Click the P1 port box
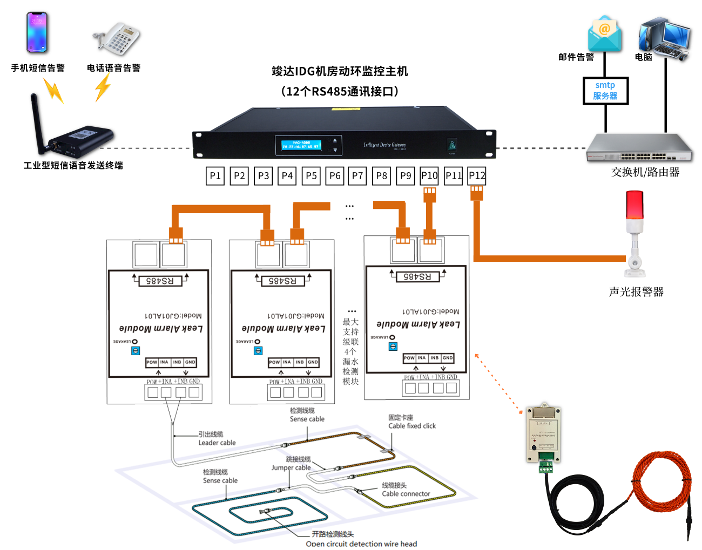[215, 176]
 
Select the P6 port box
[335, 176]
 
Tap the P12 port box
[477, 176]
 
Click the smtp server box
[605, 91]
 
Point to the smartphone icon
[37, 32]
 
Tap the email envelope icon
[605, 33]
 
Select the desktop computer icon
[664, 38]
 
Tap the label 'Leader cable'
[217, 443]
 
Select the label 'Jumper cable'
[291, 467]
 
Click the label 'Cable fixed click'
[412, 426]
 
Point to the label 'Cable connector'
[406, 493]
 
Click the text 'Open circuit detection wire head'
[361, 544]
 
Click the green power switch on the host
[452, 145]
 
